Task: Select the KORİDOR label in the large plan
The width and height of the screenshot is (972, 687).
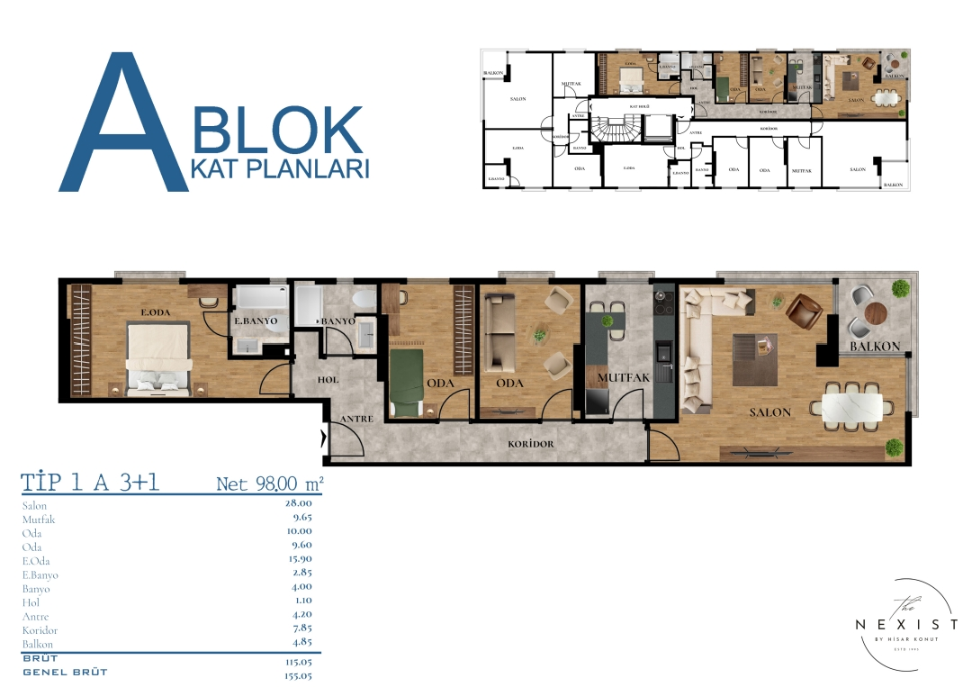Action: click(x=530, y=444)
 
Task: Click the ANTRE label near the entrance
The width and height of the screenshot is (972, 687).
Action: click(x=357, y=420)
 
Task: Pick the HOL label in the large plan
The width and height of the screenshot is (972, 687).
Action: click(x=328, y=380)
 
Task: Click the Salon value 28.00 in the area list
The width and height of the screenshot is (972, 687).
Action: click(x=298, y=504)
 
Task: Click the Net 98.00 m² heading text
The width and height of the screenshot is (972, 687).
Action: click(x=269, y=484)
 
